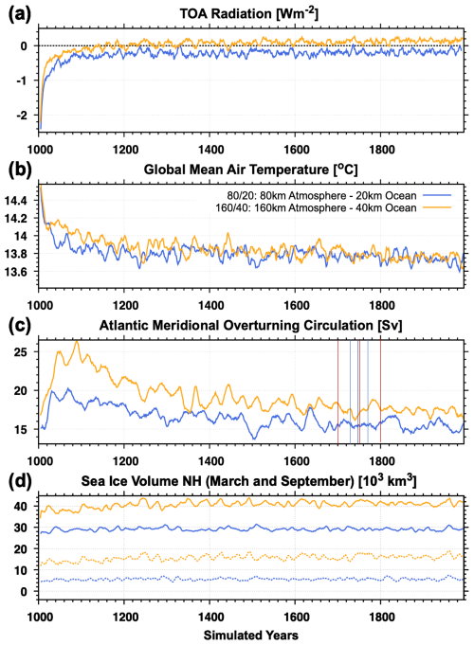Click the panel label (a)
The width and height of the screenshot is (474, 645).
pyautogui.click(x=14, y=12)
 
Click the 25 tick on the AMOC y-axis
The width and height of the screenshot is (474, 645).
pyautogui.click(x=26, y=351)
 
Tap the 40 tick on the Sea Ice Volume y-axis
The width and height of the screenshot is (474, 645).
pyautogui.click(x=26, y=506)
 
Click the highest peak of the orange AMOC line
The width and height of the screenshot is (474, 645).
pyautogui.click(x=77, y=341)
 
